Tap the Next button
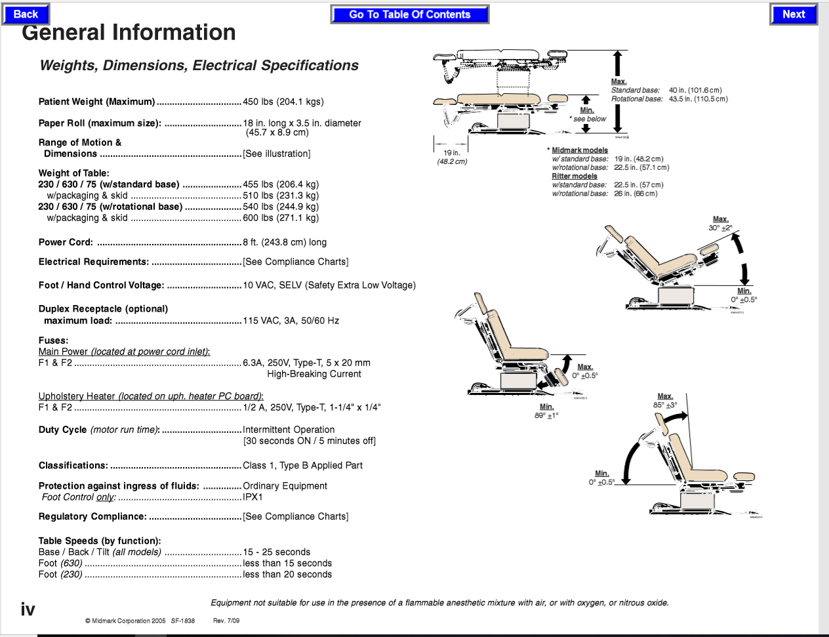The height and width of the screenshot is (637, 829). [x=793, y=14]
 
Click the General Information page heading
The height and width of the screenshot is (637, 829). [x=129, y=33]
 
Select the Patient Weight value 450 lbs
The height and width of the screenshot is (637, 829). [x=283, y=102]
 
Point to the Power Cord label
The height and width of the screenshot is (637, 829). [x=66, y=242]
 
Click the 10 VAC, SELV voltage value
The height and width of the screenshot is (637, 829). [x=329, y=285]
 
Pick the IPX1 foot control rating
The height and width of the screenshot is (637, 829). [x=253, y=497]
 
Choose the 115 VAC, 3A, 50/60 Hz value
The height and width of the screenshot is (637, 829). [x=291, y=321]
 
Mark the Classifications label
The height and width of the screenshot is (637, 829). [x=73, y=466]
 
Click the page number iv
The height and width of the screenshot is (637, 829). [x=28, y=609]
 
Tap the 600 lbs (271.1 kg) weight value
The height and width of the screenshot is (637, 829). [x=280, y=218]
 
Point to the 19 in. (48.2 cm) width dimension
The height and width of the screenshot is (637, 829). [x=452, y=157]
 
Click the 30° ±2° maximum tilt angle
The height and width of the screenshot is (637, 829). [x=720, y=228]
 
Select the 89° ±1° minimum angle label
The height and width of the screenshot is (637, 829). [x=546, y=415]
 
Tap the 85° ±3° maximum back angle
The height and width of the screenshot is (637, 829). [x=664, y=405]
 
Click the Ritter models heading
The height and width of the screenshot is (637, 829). [x=574, y=176]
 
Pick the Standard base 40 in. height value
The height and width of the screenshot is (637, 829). [x=695, y=90]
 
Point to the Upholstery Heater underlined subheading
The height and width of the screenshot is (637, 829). [x=151, y=396]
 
